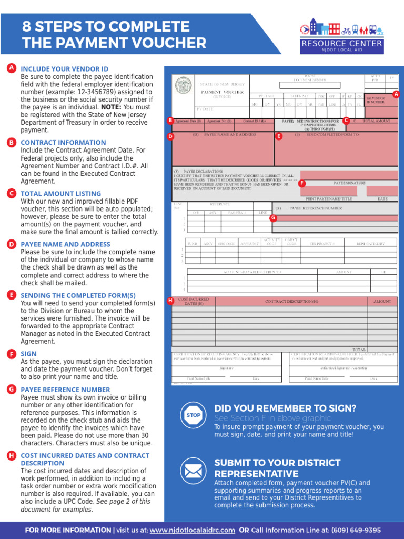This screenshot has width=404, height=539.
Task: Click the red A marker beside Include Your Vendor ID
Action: pos(11,68)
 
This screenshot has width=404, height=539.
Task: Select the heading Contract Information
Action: pos(63,142)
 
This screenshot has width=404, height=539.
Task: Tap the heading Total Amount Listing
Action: pos(60,193)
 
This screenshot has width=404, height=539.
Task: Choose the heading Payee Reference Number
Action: pos(65,389)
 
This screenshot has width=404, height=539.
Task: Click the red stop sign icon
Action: pos(193,415)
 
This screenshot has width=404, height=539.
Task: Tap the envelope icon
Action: pos(193,470)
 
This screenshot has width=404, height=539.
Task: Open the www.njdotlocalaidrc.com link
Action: pos(192,530)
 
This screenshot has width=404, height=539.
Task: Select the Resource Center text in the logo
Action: pos(341,44)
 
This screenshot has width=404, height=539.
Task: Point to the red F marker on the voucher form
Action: pos(302,183)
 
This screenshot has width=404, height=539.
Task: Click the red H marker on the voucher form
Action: pos(170,301)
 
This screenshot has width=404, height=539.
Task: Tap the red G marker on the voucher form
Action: pos(272,217)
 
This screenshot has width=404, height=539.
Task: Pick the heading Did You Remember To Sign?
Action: pos(285,408)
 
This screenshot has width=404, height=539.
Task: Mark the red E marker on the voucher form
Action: pos(279,136)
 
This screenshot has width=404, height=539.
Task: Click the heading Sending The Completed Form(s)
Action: pos(78,295)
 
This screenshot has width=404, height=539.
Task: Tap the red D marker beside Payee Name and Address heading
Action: pos(11,244)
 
